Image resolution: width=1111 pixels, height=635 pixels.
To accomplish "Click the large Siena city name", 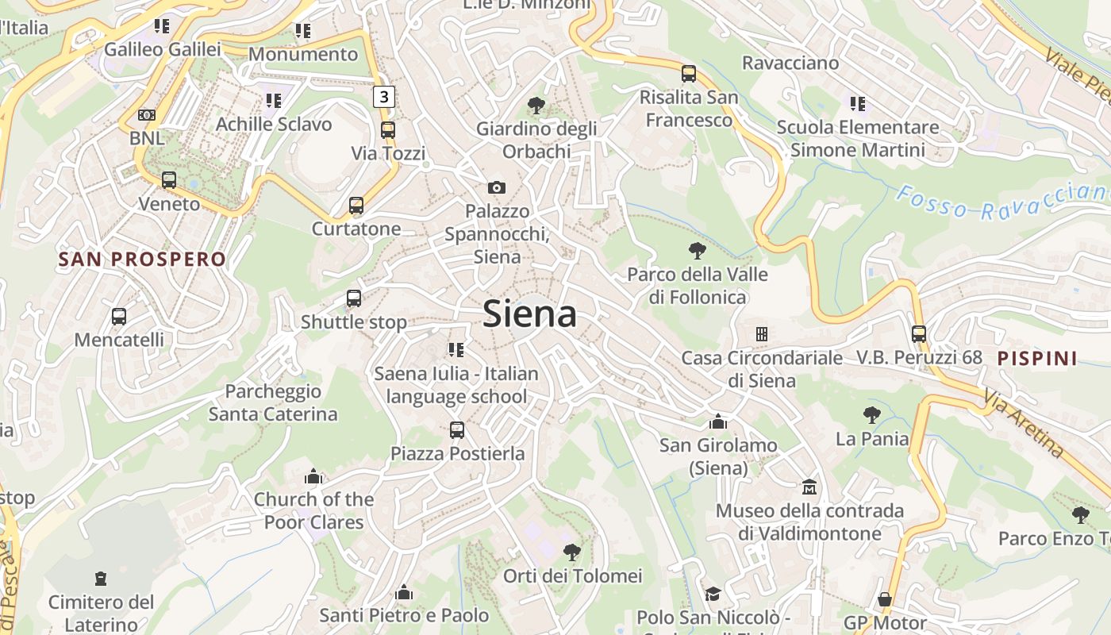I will (x=529, y=314).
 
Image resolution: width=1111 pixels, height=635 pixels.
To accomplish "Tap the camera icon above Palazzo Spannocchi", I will (x=497, y=187).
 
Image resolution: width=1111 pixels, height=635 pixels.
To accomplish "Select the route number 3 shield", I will (x=384, y=97).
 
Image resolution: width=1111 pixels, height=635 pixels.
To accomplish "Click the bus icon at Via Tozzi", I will (x=388, y=129).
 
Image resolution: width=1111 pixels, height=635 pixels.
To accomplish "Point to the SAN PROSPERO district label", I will (x=142, y=259).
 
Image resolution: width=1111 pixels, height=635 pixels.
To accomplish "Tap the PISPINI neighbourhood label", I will (x=1036, y=358).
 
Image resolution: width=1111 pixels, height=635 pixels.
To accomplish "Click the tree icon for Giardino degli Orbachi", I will (x=536, y=105).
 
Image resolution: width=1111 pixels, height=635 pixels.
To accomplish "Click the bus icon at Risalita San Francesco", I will (x=689, y=74).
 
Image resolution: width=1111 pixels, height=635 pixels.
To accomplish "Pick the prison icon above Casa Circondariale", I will (x=762, y=334).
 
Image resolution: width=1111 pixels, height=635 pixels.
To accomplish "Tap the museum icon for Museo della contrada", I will (x=809, y=486).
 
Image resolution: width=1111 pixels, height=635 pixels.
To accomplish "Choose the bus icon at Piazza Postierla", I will (x=457, y=430).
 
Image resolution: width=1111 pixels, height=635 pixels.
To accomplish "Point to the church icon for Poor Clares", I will (x=313, y=476).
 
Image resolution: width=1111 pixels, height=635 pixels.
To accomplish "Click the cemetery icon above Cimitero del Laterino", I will (x=101, y=578).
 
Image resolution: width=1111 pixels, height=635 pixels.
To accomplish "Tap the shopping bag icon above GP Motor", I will (x=885, y=599).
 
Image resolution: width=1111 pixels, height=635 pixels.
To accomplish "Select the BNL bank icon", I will (x=147, y=115).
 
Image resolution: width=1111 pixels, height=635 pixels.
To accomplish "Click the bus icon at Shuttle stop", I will (x=354, y=298).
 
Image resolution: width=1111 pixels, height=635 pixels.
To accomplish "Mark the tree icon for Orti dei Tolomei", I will (x=572, y=552).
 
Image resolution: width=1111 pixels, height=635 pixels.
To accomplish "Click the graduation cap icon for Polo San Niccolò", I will (x=713, y=594).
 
